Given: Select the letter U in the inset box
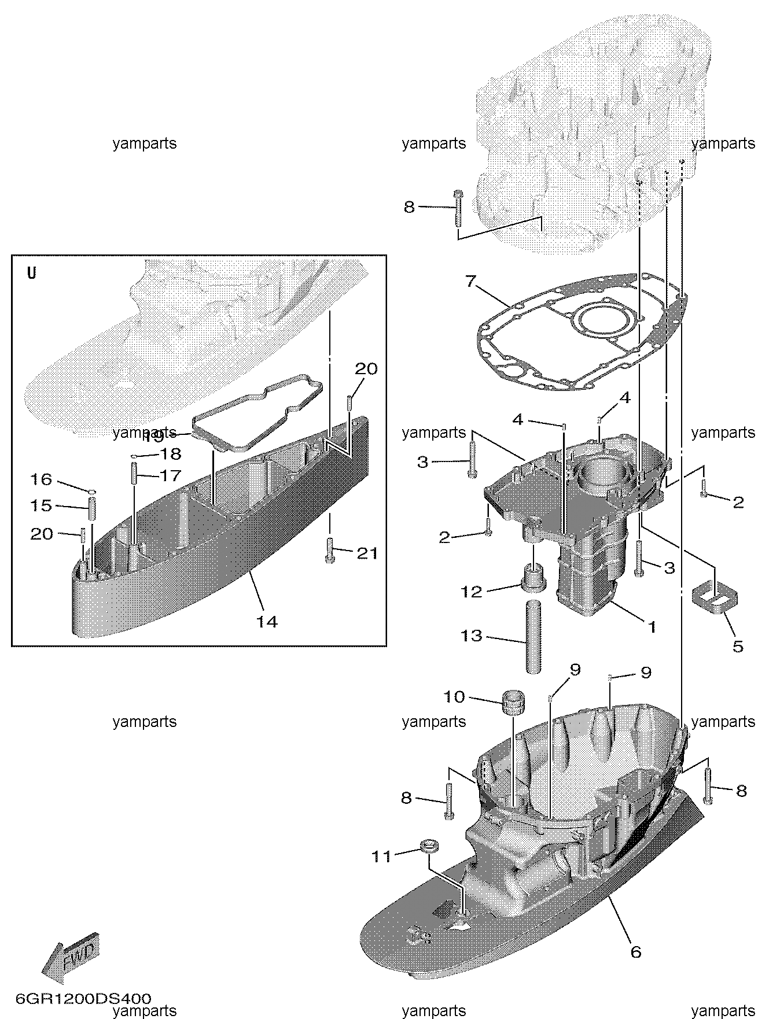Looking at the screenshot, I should pyautogui.click(x=32, y=273).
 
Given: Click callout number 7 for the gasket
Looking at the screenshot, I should pyautogui.click(x=470, y=282).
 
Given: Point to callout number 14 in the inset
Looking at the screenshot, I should pyautogui.click(x=267, y=622).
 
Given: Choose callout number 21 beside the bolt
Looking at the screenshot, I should pyautogui.click(x=367, y=553).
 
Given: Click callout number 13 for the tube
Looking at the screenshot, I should pyautogui.click(x=472, y=636).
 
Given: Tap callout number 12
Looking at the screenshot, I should pyautogui.click(x=472, y=592).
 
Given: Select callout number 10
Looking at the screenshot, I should pyautogui.click(x=454, y=697).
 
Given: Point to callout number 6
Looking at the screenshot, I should pyautogui.click(x=635, y=951).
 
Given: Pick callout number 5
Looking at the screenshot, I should pyautogui.click(x=738, y=646).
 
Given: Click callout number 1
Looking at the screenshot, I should pyautogui.click(x=652, y=626).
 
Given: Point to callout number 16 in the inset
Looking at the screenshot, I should pyautogui.click(x=41, y=479).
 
